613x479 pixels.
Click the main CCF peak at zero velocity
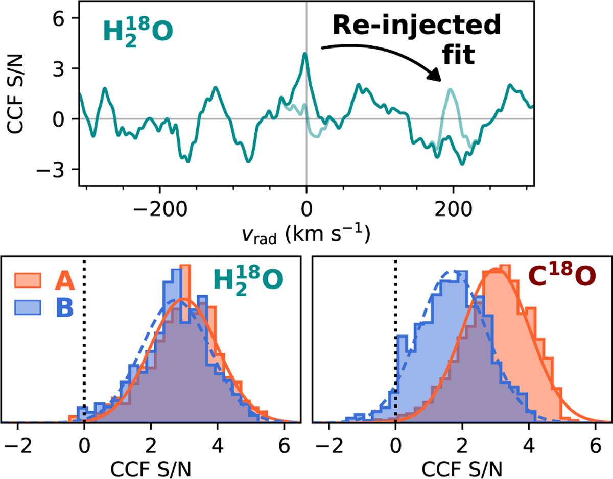pos(305,54)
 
